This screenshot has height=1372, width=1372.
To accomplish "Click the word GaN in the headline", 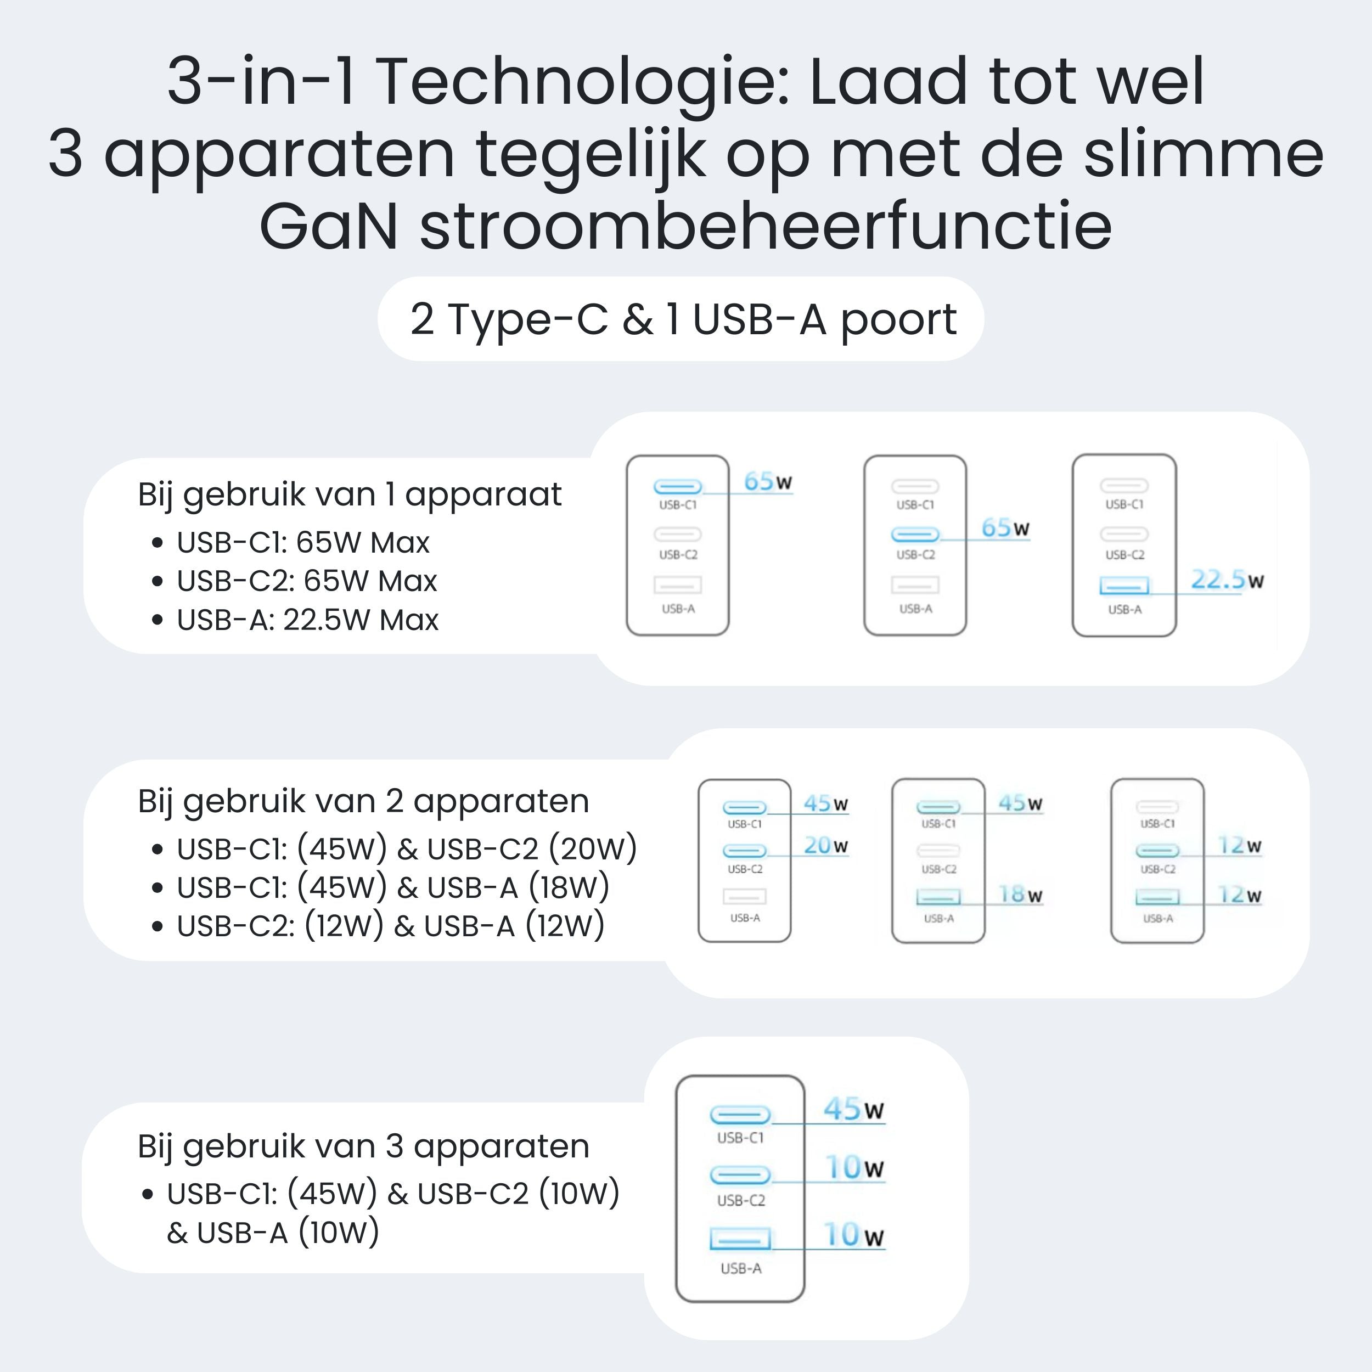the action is click(329, 227).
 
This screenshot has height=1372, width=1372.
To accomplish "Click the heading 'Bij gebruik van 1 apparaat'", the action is click(350, 495).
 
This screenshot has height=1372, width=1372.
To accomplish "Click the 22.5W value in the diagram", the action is click(1227, 580).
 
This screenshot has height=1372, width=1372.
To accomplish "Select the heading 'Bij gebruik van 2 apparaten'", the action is click(364, 802).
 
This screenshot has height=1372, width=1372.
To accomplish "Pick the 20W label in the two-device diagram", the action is click(826, 845).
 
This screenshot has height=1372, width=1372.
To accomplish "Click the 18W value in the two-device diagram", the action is click(1020, 894).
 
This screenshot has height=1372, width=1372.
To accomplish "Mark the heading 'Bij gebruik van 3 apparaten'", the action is click(364, 1147).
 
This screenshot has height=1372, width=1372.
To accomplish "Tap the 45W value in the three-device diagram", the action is click(853, 1109).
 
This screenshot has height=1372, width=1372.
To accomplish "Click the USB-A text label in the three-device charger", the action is click(741, 1268).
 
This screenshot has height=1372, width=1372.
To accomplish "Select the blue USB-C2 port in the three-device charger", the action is click(740, 1176).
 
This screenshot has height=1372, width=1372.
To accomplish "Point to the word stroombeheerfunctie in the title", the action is click(766, 227).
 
